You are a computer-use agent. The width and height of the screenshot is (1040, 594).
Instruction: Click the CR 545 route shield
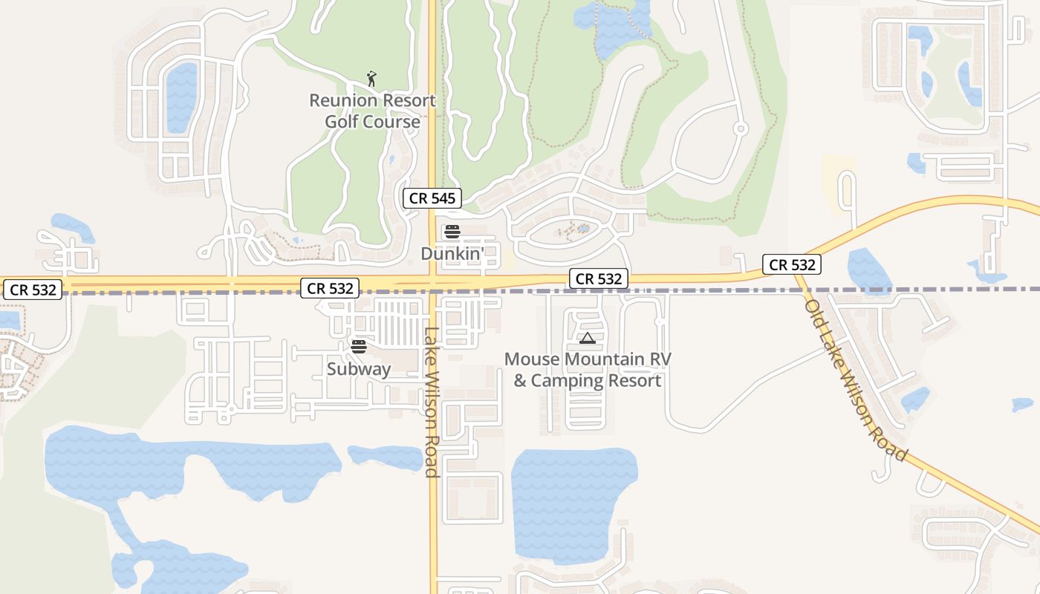click(432, 198)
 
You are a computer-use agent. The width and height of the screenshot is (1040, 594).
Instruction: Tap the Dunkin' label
click(452, 253)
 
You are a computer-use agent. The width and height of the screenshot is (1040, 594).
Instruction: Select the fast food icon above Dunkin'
click(452, 232)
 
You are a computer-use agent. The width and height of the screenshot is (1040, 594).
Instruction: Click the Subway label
click(359, 368)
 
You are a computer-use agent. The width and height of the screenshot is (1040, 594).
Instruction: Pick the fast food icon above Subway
click(359, 346)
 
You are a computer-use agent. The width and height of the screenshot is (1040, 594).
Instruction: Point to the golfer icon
click(371, 79)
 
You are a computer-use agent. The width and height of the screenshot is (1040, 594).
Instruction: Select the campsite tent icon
click(588, 339)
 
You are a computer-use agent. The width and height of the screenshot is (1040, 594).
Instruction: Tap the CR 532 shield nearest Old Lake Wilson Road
click(791, 264)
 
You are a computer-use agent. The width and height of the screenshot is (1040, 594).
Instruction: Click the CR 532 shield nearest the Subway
click(331, 288)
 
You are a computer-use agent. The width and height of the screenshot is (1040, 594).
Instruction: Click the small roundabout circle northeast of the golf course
click(740, 128)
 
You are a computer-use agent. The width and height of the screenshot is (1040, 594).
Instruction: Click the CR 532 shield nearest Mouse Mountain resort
click(599, 278)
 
